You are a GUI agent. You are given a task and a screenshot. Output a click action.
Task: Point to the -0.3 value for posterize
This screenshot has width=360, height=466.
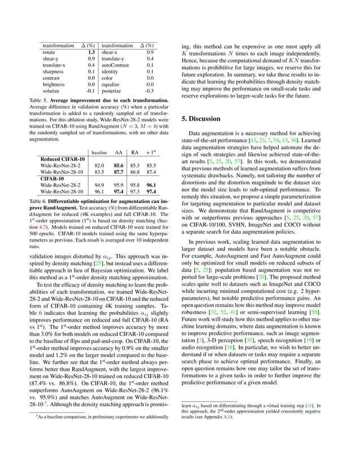[150, 89]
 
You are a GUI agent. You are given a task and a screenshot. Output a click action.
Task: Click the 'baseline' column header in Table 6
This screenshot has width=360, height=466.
[99, 152]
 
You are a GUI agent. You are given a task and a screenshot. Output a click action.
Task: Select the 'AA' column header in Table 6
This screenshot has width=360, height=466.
[119, 152]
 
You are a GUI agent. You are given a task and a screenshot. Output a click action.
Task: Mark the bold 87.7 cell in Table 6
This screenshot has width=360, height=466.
[119, 172]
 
